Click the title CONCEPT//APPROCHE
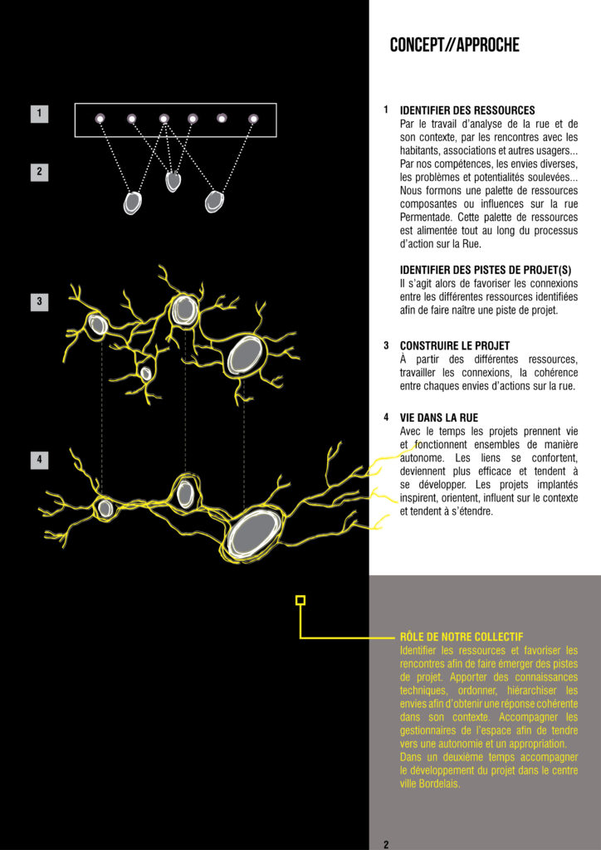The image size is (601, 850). point(454,46)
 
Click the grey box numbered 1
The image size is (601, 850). point(39,114)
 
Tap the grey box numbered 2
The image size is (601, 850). point(39,172)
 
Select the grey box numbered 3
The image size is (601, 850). point(39,301)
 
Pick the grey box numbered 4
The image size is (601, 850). point(39,459)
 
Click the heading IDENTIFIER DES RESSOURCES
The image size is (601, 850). point(467,110)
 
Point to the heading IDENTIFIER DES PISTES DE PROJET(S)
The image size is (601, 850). point(486,270)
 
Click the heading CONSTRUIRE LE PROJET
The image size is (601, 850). point(455,345)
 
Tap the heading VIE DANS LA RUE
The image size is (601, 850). point(439,418)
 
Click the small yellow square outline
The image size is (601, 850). point(300,600)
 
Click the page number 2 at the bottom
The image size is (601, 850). point(386,844)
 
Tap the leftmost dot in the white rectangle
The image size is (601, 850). point(100,119)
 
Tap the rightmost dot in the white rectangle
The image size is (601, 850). point(253,119)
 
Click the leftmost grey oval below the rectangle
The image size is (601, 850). point(133,203)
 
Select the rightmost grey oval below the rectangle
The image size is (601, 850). point(214,201)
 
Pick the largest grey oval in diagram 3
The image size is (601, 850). point(246,354)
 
